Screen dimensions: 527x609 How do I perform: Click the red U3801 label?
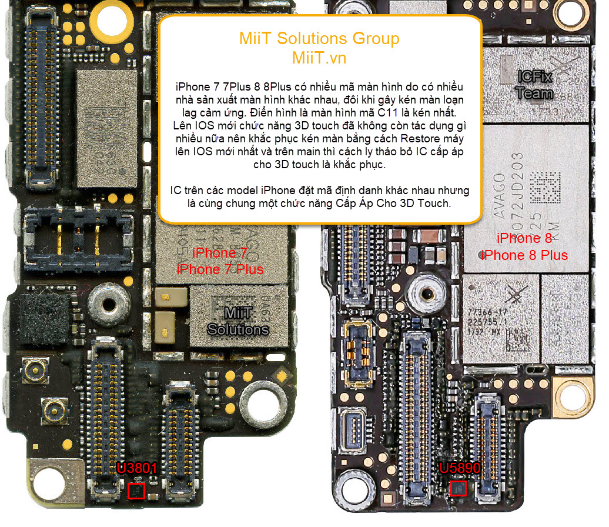click(x=136, y=469)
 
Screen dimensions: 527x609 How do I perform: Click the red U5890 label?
click(x=460, y=468)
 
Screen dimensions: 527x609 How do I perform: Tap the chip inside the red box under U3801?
click(x=136, y=491)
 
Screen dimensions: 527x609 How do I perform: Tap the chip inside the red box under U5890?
click(x=459, y=488)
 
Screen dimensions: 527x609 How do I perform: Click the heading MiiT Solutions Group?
click(x=319, y=39)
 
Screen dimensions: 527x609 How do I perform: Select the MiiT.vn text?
click(x=319, y=58)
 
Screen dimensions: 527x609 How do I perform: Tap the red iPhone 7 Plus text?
click(x=220, y=269)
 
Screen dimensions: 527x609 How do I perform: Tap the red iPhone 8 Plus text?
click(x=524, y=255)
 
